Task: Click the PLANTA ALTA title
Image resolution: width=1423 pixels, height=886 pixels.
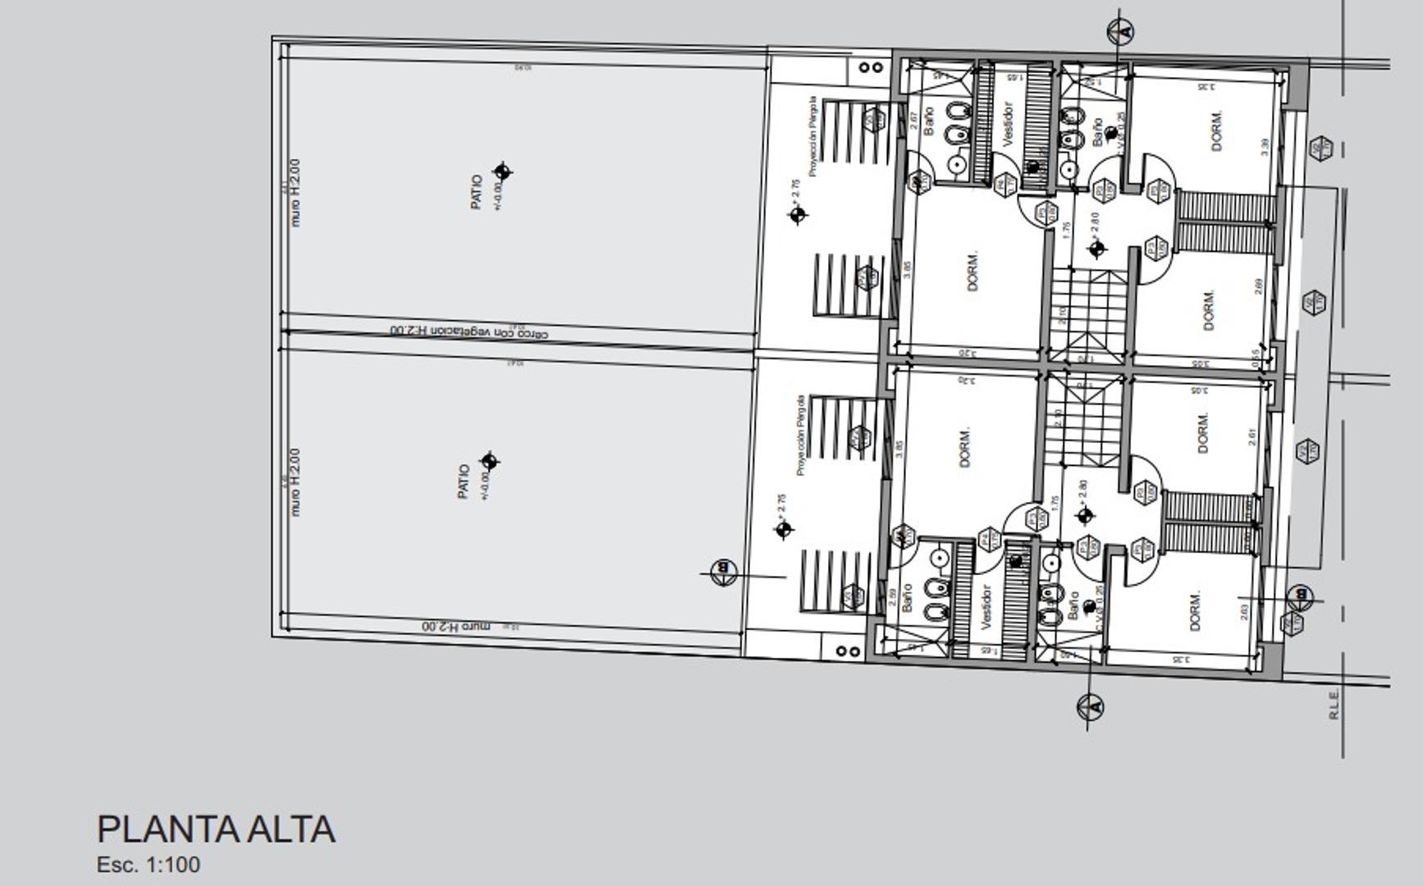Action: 216,829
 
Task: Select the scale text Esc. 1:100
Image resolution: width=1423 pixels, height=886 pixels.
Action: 149,865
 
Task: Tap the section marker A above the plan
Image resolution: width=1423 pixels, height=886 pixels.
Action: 1120,32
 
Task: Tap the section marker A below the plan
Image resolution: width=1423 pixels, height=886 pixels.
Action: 1090,706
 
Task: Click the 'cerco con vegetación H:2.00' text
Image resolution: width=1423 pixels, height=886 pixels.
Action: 469,331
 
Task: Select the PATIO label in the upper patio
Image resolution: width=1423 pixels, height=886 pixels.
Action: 477,191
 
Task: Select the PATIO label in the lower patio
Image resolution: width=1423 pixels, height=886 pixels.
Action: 464,482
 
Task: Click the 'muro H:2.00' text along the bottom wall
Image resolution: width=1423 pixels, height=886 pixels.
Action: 455,626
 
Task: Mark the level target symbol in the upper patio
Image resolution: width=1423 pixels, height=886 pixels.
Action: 502,171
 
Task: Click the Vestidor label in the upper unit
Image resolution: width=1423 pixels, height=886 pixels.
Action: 1009,123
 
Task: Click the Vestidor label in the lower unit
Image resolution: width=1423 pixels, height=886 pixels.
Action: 986,607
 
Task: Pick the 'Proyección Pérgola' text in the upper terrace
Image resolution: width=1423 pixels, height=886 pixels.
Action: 812,136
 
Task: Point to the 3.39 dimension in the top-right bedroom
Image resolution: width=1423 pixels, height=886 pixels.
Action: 1265,148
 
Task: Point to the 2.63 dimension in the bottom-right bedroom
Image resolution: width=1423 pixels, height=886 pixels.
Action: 1244,612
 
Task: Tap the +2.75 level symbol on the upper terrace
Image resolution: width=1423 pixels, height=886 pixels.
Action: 798,215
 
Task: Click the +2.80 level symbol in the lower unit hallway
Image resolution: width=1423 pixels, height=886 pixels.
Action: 1085,515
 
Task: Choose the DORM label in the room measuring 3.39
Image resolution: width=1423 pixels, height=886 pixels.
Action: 1217,130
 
